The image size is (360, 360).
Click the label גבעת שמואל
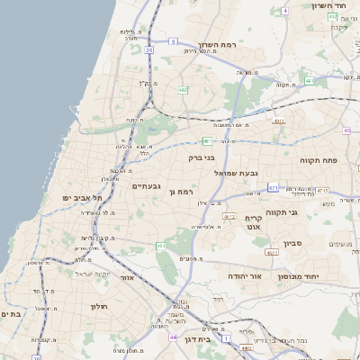(238, 172)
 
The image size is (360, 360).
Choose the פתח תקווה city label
(319, 159)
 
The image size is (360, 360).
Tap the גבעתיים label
(145, 186)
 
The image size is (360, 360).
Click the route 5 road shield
(173, 41)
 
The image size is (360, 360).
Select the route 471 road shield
(273, 187)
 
